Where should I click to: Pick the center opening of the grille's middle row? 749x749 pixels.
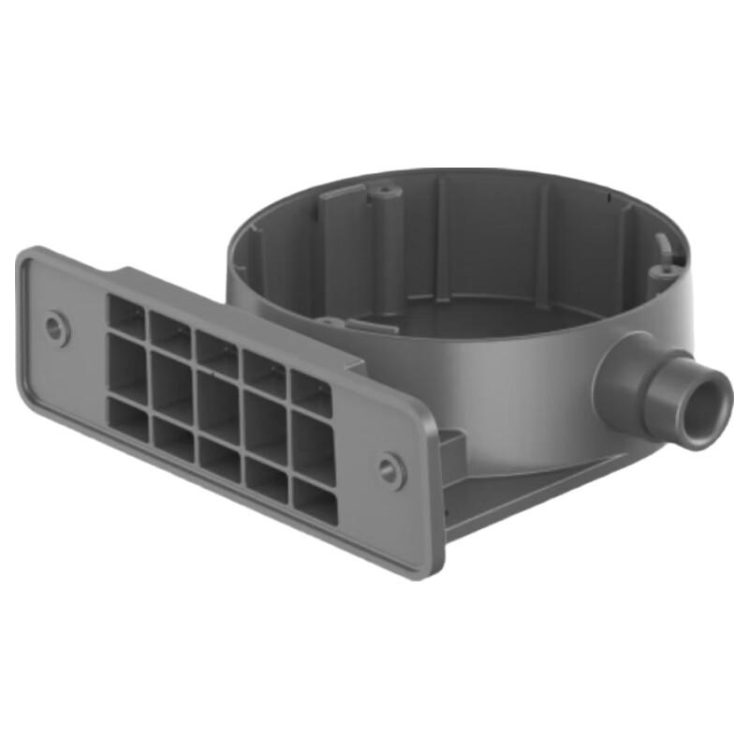pos(217,405)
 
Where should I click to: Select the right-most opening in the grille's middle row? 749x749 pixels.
pos(313,446)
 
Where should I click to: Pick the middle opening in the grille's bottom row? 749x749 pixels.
pos(219,459)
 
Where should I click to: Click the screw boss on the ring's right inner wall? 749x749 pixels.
pos(663,272)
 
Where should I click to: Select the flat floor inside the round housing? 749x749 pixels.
pos(468,315)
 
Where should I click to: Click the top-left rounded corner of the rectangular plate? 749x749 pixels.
pos(33,257)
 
